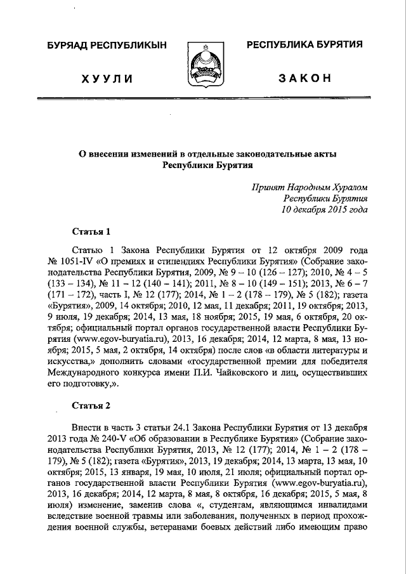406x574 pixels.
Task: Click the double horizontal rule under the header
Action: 203,99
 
